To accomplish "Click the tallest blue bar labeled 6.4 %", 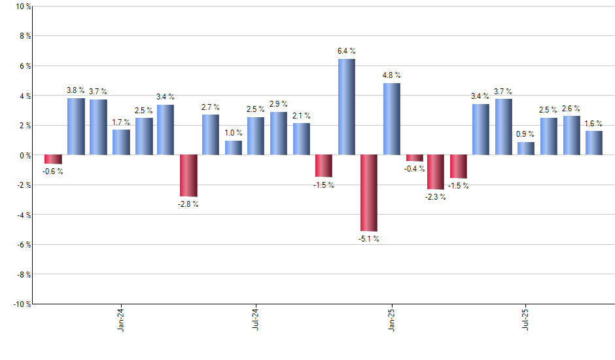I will pyautogui.click(x=347, y=107).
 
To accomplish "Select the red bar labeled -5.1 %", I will pyautogui.click(x=369, y=193).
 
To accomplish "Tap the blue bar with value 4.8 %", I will pyautogui.click(x=392, y=119).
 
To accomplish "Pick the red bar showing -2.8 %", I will pyautogui.click(x=188, y=175).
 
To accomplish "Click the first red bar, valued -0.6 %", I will pyautogui.click(x=53, y=159).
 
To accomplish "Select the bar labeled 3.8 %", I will pyautogui.click(x=76, y=127).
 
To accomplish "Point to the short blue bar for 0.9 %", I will pyautogui.click(x=526, y=149).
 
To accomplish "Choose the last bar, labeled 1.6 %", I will pyautogui.click(x=594, y=143).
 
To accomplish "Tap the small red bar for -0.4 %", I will pyautogui.click(x=414, y=158).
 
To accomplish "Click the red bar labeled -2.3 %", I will pyautogui.click(x=436, y=172).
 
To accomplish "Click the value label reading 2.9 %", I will pyautogui.click(x=278, y=104).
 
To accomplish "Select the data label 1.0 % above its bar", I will pyautogui.click(x=234, y=133).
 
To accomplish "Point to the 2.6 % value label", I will pyautogui.click(x=571, y=109).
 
